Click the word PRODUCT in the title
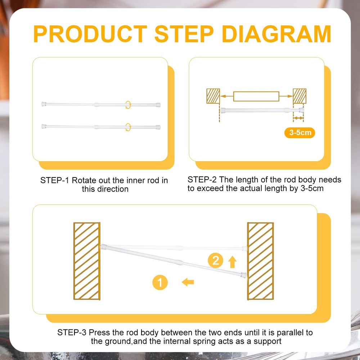[x=90, y=34]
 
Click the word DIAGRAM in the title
[x=276, y=34]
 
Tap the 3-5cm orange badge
[x=300, y=133]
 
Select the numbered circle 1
[x=160, y=282]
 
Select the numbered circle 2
[x=215, y=260]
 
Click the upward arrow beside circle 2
[x=232, y=262]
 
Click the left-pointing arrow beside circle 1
[x=188, y=282]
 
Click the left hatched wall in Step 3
[x=87, y=261]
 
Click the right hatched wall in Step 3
[x=260, y=261]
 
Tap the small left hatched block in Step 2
[x=213, y=96]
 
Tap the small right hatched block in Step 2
[x=300, y=96]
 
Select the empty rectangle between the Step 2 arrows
[x=256, y=96]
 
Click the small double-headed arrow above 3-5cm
[x=298, y=118]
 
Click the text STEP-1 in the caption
[x=55, y=180]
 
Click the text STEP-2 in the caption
[x=202, y=180]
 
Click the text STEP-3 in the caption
[x=72, y=332]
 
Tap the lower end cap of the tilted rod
[x=244, y=275]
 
